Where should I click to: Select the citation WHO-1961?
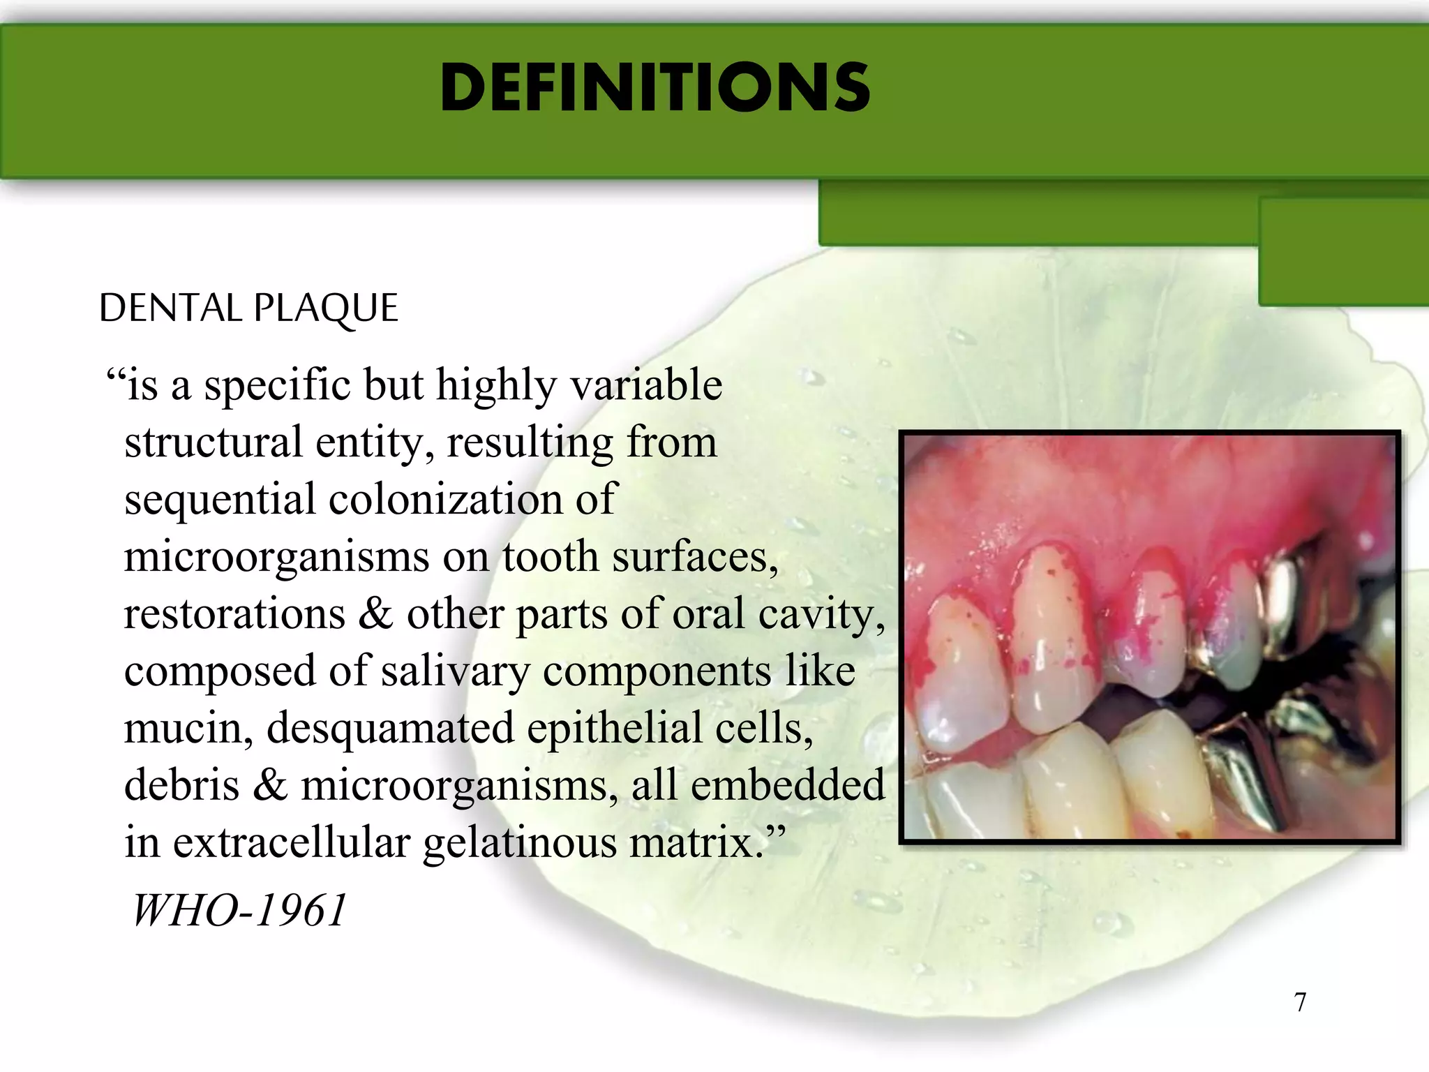239,910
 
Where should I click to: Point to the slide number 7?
1300,1002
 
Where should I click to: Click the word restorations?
234,614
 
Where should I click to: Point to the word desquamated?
390,729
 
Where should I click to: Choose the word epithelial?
614,728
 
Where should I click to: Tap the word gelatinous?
519,842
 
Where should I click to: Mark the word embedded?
788,784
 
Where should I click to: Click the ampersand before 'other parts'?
377,614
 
